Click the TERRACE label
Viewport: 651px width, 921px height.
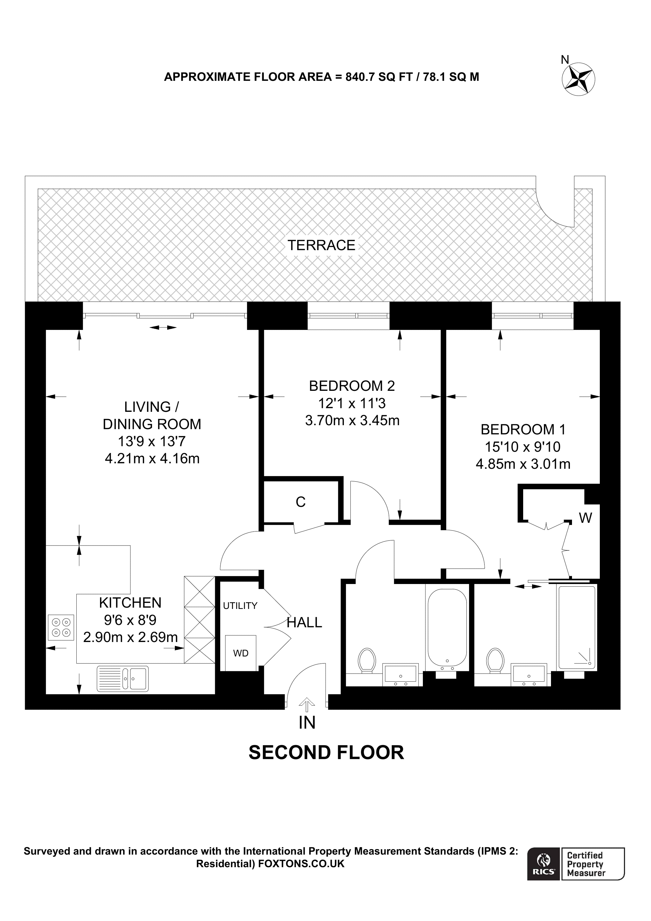point(321,245)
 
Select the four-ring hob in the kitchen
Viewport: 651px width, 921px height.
point(61,628)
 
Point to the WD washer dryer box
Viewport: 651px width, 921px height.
point(241,653)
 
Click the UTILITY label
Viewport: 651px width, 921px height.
point(240,606)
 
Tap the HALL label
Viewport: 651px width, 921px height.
point(304,622)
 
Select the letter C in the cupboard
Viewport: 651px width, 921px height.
point(300,502)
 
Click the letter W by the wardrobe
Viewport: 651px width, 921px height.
point(586,518)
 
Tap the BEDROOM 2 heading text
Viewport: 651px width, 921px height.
point(352,386)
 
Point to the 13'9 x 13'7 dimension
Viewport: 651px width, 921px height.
point(152,441)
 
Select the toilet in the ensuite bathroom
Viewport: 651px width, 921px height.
point(494,660)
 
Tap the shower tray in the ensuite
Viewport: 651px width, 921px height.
point(576,628)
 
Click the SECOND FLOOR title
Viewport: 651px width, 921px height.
point(326,753)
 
